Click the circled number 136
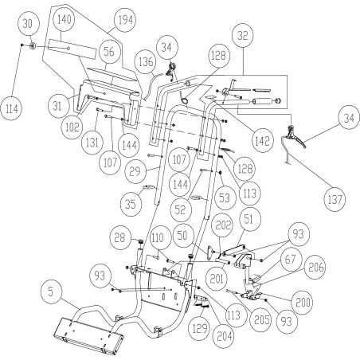tap(146, 61)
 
